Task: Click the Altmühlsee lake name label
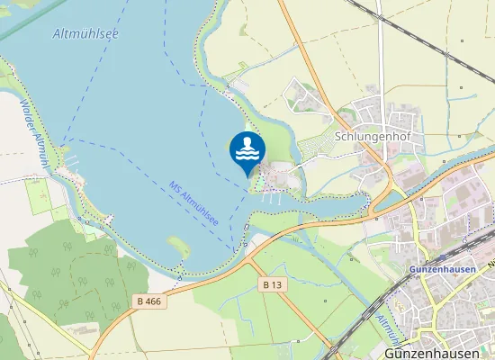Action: (x=86, y=34)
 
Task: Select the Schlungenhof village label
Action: (x=366, y=139)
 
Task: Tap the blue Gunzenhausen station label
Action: (x=442, y=269)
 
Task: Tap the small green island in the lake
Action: (x=178, y=244)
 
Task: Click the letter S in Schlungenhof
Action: (x=337, y=139)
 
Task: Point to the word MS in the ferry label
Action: (x=175, y=187)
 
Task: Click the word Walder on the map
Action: (x=26, y=112)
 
